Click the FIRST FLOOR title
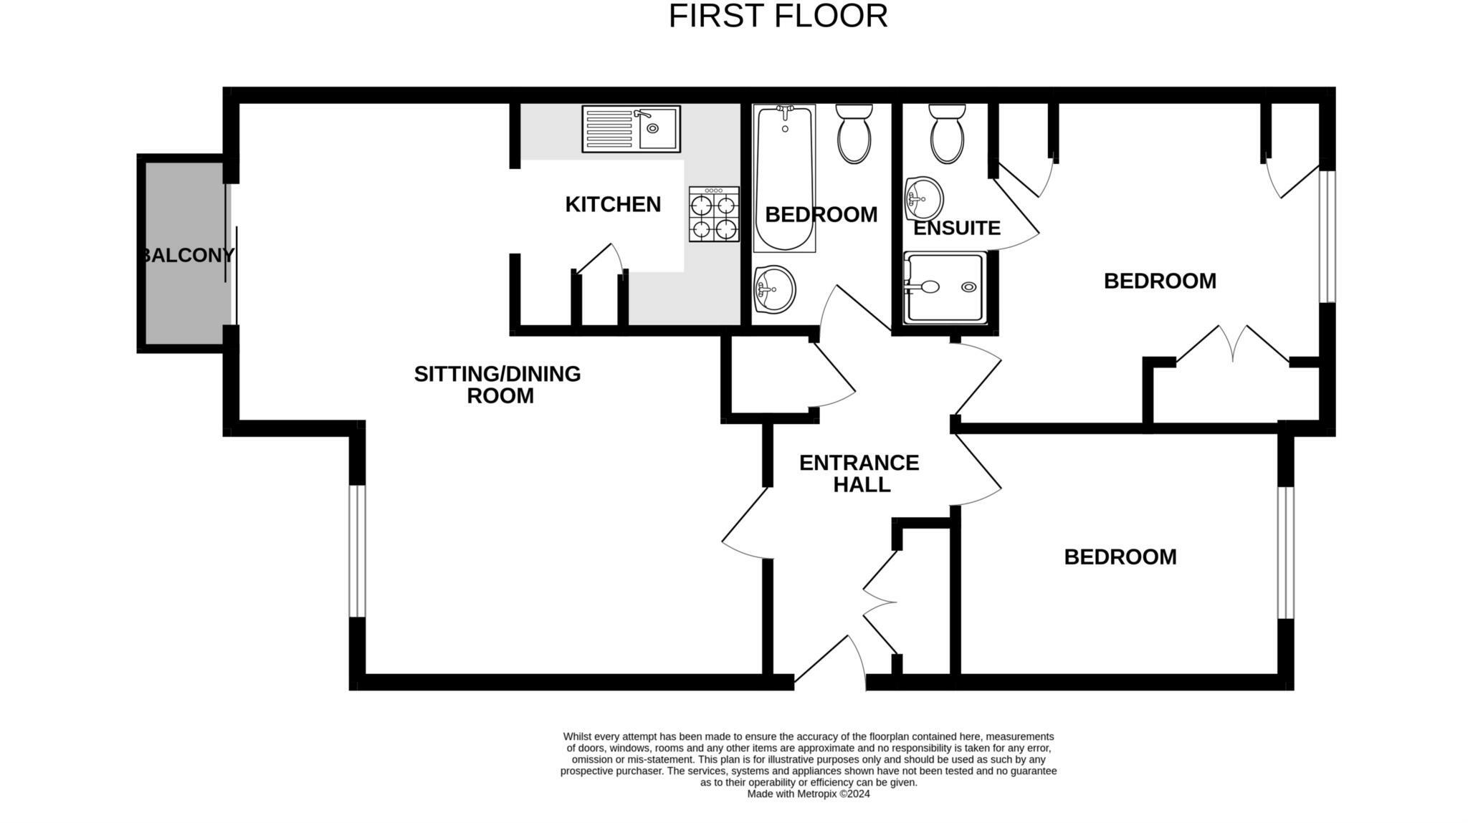click(x=778, y=16)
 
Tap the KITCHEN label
click(x=613, y=204)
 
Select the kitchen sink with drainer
click(x=631, y=129)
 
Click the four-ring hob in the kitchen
click(x=714, y=214)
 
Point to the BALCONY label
click(x=188, y=255)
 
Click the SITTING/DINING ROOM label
click(x=498, y=385)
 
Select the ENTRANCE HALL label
click(x=859, y=473)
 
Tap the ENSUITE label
click(x=957, y=228)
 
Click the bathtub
click(x=784, y=178)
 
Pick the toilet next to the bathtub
click(x=854, y=133)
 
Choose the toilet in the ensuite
click(x=947, y=133)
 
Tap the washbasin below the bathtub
click(x=774, y=289)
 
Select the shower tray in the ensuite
click(x=945, y=287)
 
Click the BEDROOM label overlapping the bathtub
click(x=821, y=214)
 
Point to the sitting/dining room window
click(x=358, y=551)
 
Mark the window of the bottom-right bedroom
click(x=1286, y=552)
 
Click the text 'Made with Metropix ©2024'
click(x=809, y=794)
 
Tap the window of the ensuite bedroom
click(x=1328, y=236)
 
